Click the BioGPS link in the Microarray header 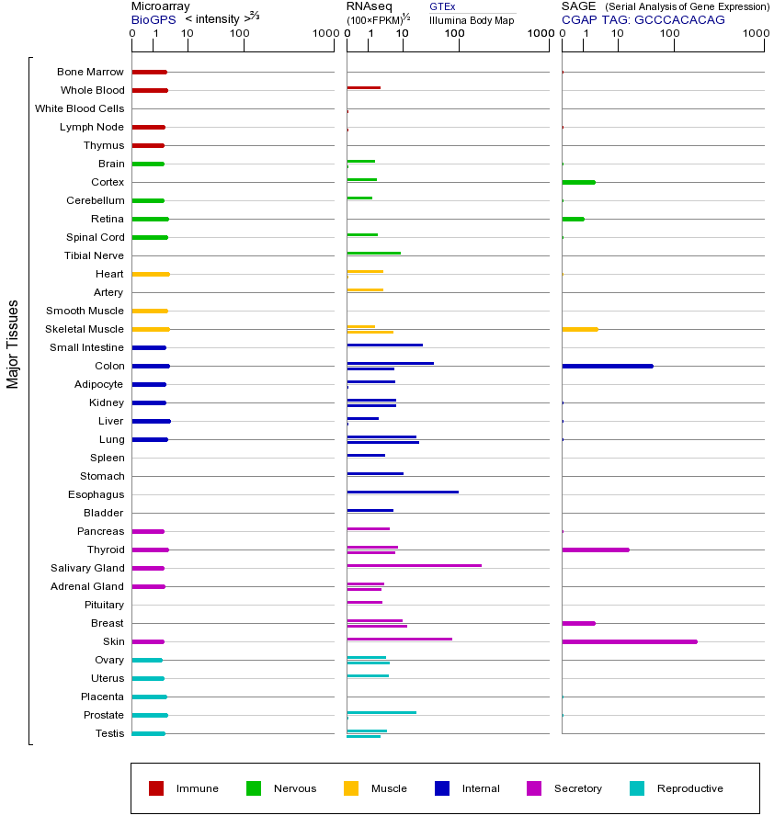(x=150, y=19)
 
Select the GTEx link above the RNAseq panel (x=442, y=7)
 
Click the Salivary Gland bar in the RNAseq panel (x=414, y=565)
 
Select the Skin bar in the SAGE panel (x=629, y=641)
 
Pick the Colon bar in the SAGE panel (x=607, y=366)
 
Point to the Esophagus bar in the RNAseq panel (x=402, y=492)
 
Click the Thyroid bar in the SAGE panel (x=595, y=549)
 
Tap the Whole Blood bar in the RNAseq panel (x=363, y=87)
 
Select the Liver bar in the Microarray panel (x=151, y=421)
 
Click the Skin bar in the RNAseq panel (x=399, y=639)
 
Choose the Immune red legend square (x=156, y=788)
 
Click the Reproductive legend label (x=689, y=788)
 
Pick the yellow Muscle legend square (x=351, y=788)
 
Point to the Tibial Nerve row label (x=94, y=255)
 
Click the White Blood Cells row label (x=79, y=108)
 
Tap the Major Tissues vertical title (x=13, y=344)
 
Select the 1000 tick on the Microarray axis (x=324, y=34)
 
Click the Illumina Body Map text (x=472, y=20)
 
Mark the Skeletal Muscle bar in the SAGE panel (x=579, y=329)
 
